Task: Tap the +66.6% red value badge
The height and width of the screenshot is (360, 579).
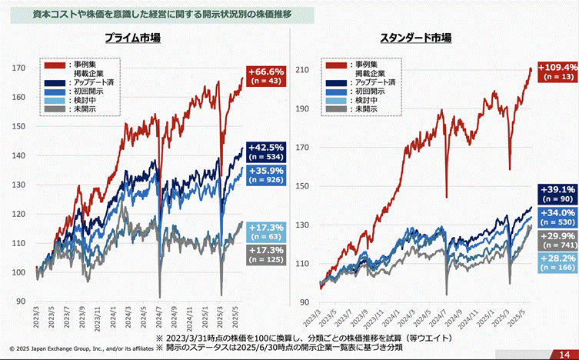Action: coord(264,75)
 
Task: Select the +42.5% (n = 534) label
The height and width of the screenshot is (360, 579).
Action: coord(266,151)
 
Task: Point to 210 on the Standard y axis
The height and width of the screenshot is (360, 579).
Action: coord(301,70)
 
